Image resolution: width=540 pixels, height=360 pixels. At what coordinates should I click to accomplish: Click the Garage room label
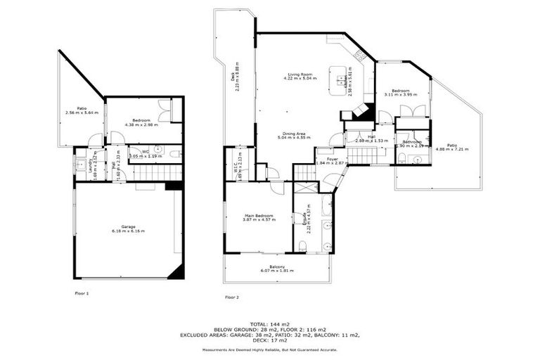[128, 226]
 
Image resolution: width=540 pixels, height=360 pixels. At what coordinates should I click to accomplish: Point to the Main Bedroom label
[259, 216]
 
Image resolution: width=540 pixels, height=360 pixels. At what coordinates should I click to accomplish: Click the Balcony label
[277, 266]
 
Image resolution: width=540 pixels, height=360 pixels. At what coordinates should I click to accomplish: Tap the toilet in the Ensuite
[302, 245]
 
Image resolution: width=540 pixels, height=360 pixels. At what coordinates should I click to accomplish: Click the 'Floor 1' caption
[82, 292]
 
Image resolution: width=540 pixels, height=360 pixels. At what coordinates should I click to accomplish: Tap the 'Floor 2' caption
[232, 297]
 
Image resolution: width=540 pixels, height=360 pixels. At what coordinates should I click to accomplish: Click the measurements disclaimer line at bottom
[269, 349]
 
